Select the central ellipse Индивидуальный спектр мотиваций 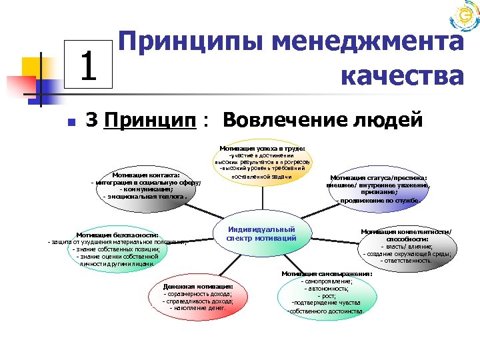[261, 233]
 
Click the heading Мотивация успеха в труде [262, 147]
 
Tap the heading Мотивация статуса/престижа [379, 178]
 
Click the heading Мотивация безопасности [117, 235]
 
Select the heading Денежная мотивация [197, 286]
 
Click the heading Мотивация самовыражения [327, 273]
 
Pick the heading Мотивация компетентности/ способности [406, 235]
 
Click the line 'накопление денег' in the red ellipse [198, 308]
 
